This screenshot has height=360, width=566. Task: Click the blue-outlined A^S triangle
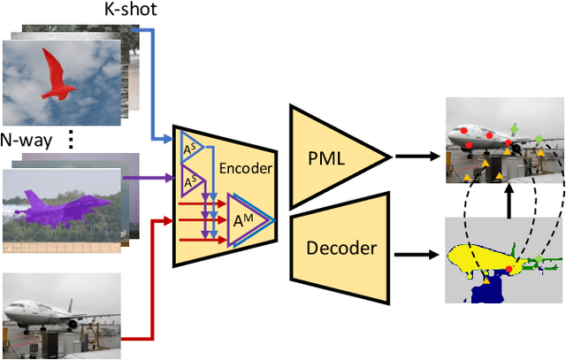[189, 147]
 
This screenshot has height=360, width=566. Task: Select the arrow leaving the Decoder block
[417, 257]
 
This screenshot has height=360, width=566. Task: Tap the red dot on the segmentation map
[508, 267]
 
